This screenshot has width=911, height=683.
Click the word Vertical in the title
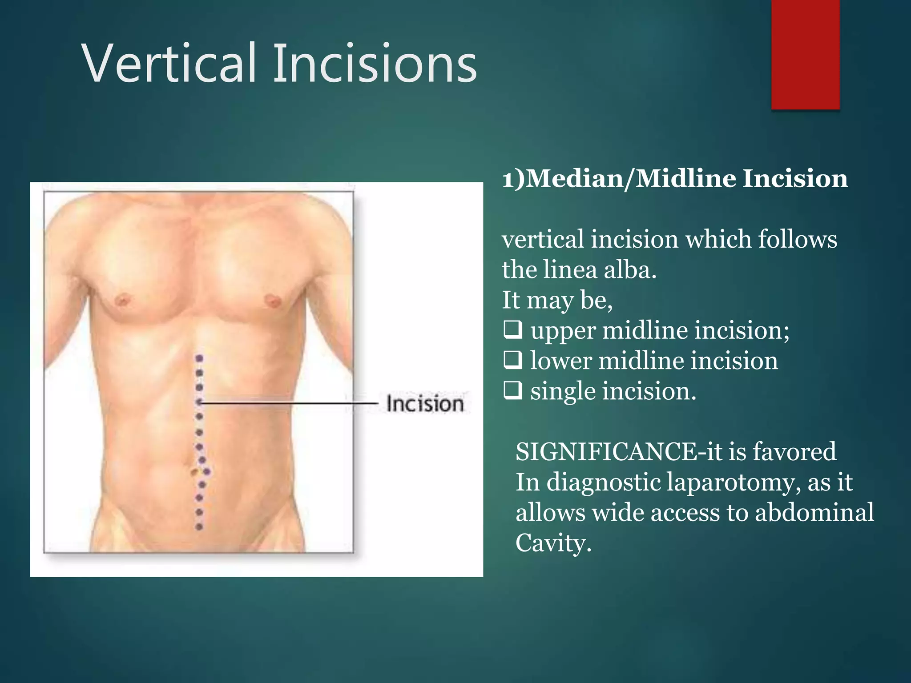coord(169,63)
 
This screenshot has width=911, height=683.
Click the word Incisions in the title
coord(375,63)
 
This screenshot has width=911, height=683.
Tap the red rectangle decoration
coord(805,54)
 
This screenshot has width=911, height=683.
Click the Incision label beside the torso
coord(425,404)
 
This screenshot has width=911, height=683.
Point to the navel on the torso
coord(195,472)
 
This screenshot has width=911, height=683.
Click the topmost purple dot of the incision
coord(200,358)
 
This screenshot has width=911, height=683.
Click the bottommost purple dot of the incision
coord(199,527)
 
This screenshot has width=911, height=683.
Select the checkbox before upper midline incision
coord(512,330)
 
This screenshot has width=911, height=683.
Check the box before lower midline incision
coord(512,361)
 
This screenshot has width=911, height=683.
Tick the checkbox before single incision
coord(512,391)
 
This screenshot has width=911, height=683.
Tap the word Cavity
coord(553,543)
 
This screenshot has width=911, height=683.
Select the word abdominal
coord(814,512)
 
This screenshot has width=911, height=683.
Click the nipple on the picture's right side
coord(272,300)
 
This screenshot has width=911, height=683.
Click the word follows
coord(797,239)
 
